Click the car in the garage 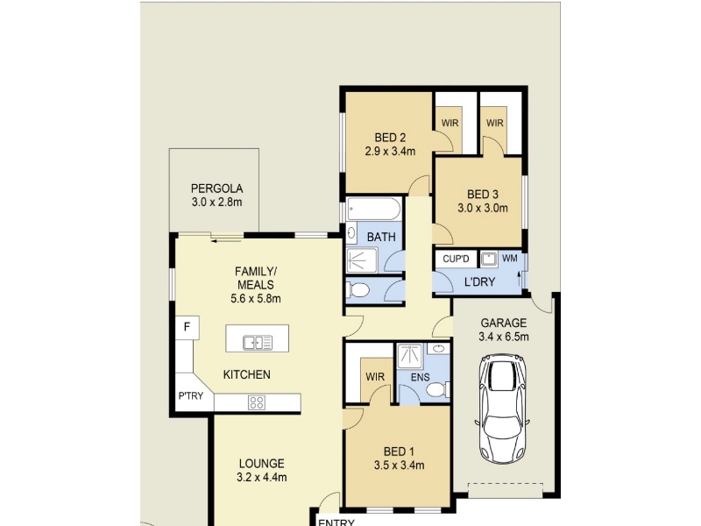[x=502, y=409]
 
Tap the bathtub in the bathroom [x=374, y=209]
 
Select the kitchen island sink [x=257, y=343]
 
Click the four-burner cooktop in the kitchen [x=257, y=402]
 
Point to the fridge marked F [x=187, y=327]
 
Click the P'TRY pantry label [x=191, y=396]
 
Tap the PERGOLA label [x=216, y=188]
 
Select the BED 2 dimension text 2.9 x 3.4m [x=390, y=151]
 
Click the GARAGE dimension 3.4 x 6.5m [x=503, y=337]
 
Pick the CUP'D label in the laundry [x=456, y=259]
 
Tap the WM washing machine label [x=510, y=259]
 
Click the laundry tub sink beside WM [x=489, y=259]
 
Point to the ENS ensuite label [x=421, y=378]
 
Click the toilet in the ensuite [x=437, y=389]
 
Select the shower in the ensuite [x=410, y=356]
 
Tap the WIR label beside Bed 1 [x=375, y=377]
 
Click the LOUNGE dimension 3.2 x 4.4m [x=261, y=478]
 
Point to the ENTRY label [x=336, y=522]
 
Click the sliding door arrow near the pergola [x=227, y=241]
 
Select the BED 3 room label [x=483, y=195]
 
